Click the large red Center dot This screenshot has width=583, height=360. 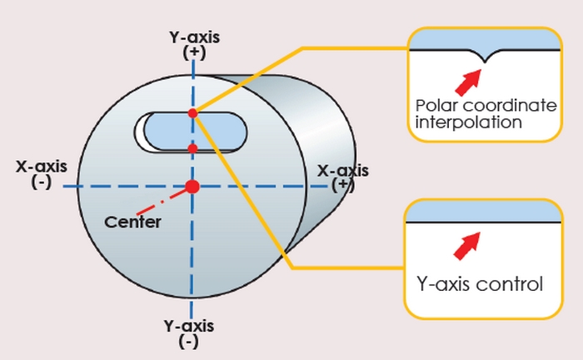pos(192,186)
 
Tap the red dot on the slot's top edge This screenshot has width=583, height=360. pos(192,112)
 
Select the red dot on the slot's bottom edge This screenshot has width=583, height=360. pos(192,148)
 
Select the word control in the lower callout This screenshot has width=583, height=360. pos(511,283)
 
